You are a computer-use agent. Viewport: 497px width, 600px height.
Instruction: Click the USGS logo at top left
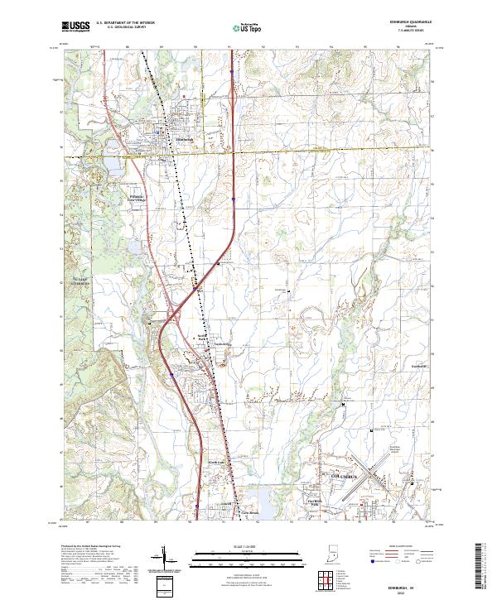[x=75, y=26]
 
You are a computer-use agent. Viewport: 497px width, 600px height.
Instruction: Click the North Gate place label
[x=217, y=462]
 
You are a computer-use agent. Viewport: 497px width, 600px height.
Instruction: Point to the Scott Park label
[x=201, y=338]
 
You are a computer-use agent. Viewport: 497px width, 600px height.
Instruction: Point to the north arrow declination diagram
[x=164, y=559]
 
